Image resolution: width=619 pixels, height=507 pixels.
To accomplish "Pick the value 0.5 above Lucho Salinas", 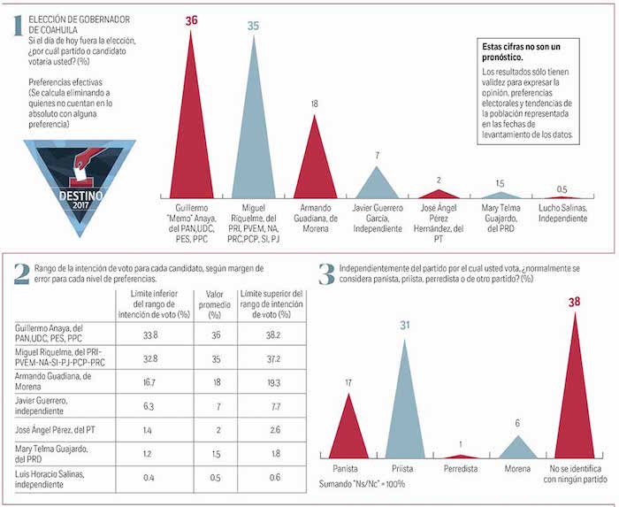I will pos(562,188).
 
